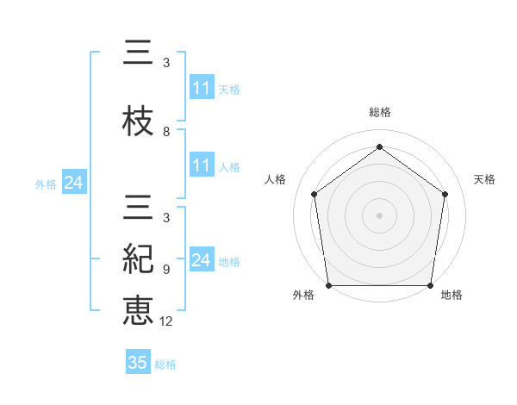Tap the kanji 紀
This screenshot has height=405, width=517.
click(139, 258)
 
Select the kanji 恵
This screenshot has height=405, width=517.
click(139, 309)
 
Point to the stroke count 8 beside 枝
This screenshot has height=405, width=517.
click(166, 132)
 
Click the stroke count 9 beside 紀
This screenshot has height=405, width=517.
click(166, 269)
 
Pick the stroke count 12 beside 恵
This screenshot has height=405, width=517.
click(169, 321)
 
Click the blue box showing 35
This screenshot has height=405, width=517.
click(138, 363)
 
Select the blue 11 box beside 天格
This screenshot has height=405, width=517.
click(202, 88)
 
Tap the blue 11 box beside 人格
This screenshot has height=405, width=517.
click(202, 166)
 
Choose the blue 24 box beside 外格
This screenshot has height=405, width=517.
click(73, 183)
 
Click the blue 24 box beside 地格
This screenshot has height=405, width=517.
click(202, 260)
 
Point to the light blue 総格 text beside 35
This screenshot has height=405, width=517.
click(165, 364)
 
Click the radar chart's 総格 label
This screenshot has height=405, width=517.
click(379, 112)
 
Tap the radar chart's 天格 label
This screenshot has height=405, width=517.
click(485, 179)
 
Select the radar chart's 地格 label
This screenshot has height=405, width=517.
click(452, 295)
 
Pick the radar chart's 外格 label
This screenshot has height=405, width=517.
click(304, 295)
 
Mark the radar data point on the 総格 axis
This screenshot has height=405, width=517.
click(379, 146)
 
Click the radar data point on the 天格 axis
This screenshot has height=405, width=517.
click(445, 194)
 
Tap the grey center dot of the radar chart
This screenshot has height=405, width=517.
click(379, 215)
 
